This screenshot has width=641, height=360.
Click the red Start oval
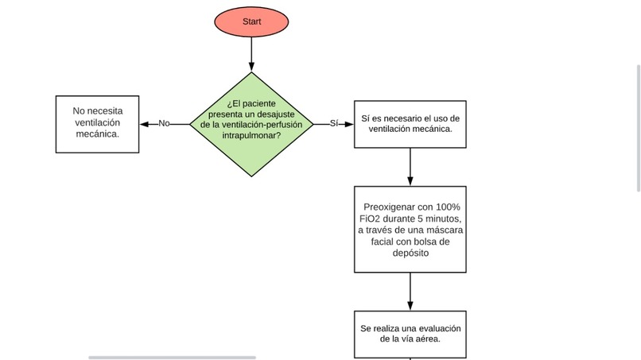251,22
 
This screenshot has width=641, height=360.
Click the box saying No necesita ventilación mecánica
97,123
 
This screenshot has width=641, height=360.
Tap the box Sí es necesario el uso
410,123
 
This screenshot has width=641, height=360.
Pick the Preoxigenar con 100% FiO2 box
410,230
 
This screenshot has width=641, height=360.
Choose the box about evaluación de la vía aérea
410,334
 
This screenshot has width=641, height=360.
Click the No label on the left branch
165,123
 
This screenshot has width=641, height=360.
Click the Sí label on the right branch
334,123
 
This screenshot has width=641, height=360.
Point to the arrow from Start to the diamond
251,54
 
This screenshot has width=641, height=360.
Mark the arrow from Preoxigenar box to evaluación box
410,291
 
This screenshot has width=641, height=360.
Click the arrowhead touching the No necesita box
144,123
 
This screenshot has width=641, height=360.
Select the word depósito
410,254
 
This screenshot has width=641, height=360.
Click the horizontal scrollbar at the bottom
172,357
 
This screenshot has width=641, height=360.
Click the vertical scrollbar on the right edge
638,127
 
